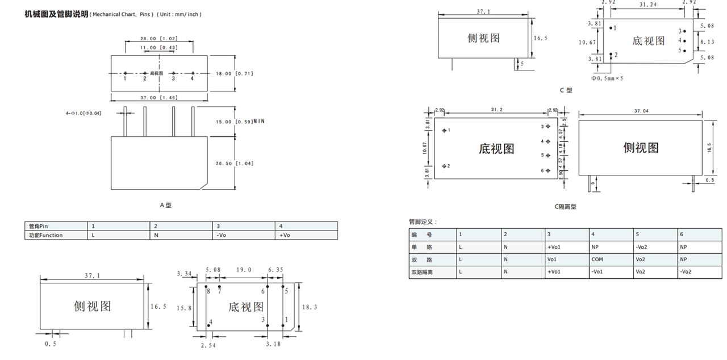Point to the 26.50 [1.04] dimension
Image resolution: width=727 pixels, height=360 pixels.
tap(235, 164)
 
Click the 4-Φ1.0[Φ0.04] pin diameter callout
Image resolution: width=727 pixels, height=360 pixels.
tap(83, 114)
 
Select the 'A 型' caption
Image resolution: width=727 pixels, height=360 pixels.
tap(165, 205)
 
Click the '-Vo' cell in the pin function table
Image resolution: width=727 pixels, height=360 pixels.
tap(222, 235)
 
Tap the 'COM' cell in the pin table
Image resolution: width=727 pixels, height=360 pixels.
tap(597, 259)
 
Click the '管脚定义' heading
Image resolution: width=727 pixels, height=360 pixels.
tap(423, 221)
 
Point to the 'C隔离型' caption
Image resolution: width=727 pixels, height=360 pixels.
tap(565, 207)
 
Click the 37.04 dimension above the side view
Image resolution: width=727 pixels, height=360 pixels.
tap(641, 111)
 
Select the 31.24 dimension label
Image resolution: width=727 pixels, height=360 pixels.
tap(648, 5)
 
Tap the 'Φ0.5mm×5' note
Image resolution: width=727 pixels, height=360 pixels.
tap(607, 78)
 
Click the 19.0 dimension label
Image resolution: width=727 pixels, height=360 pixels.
tap(245, 270)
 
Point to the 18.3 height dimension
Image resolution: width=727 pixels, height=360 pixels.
tap(309, 307)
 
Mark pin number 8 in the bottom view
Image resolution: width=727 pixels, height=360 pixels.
tap(208, 291)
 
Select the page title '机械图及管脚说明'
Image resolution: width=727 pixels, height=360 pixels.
tap(56, 14)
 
